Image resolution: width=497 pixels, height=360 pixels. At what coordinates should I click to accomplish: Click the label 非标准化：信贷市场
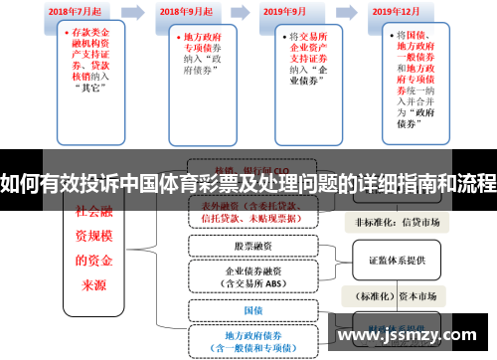coord(398,222)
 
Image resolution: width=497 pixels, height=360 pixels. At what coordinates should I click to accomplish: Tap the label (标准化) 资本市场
coord(398,295)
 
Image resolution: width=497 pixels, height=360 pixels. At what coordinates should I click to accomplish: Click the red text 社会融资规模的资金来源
coord(95,250)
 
